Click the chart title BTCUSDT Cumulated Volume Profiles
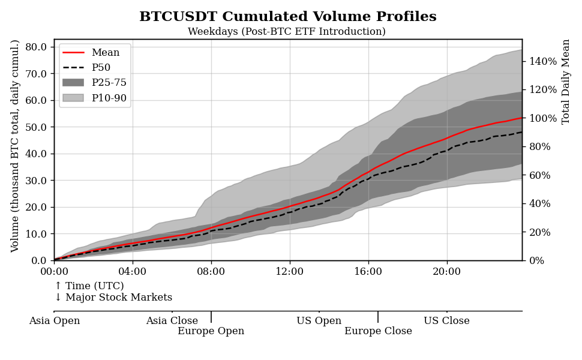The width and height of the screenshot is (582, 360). [287, 17]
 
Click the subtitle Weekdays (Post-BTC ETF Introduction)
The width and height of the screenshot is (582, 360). [287, 32]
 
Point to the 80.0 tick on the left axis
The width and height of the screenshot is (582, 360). [37, 47]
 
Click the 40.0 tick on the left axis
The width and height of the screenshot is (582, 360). [37, 154]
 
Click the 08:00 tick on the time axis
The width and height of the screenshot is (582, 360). [211, 271]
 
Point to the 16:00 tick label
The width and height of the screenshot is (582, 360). [368, 271]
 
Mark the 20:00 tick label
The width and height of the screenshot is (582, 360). [446, 271]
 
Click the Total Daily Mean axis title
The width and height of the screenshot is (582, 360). [566, 82]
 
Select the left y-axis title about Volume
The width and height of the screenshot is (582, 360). [16, 146]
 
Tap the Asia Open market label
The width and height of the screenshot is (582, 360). [55, 321]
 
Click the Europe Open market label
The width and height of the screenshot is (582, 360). [211, 331]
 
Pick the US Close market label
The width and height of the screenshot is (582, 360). [446, 321]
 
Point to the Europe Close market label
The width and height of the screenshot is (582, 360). [378, 331]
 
